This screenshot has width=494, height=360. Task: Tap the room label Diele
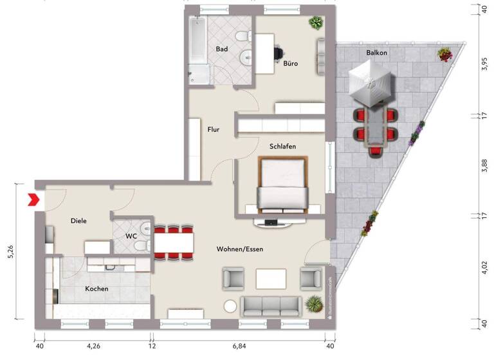pos(78,221)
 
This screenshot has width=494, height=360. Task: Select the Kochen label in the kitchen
pos(96,289)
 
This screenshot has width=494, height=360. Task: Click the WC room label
pos(131,236)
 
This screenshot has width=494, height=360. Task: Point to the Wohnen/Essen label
pos(240,249)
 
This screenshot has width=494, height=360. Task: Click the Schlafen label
pos(282,147)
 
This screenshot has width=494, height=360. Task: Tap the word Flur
pos(214,129)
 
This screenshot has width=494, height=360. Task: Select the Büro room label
pos(290,64)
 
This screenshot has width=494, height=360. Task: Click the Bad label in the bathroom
pos(222,49)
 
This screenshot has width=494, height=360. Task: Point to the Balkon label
pos(377,52)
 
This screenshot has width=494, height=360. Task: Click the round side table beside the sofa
pos(230,307)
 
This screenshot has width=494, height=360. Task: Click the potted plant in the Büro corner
pos(315,23)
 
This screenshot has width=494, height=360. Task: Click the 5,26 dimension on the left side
pos(10,251)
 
